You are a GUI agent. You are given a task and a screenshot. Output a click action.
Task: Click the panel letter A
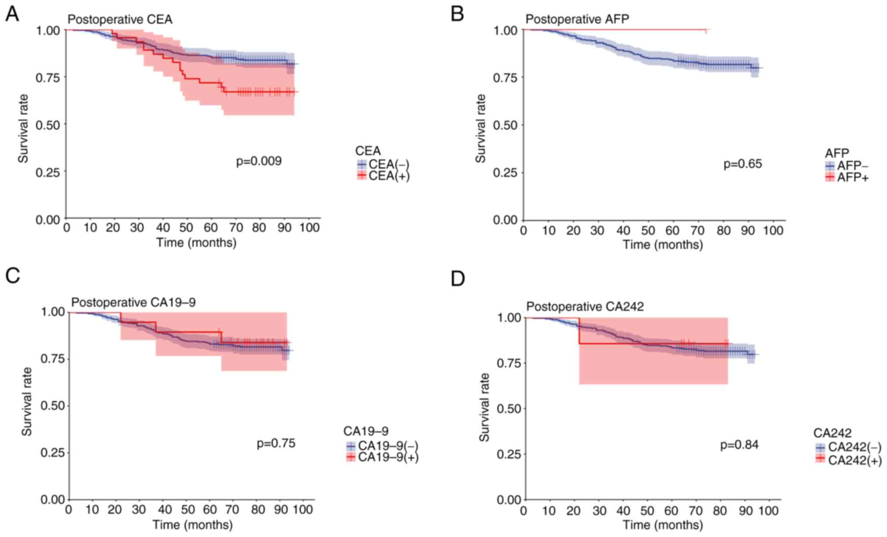pyautogui.click(x=12, y=14)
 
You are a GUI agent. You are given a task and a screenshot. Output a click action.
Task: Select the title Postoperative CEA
pyautogui.click(x=120, y=20)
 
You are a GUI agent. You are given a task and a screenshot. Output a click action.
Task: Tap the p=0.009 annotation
pyautogui.click(x=259, y=161)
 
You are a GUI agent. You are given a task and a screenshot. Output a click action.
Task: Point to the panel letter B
pyautogui.click(x=457, y=14)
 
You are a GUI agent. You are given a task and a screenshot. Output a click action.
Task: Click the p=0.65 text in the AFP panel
pyautogui.click(x=743, y=164)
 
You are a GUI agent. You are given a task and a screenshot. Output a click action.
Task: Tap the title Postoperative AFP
pyautogui.click(x=577, y=20)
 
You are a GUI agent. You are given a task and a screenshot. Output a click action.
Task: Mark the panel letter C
pyautogui.click(x=13, y=276)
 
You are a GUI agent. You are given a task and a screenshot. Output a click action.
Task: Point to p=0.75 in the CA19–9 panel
pyautogui.click(x=276, y=444)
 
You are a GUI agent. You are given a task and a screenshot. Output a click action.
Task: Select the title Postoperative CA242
pyautogui.click(x=585, y=307)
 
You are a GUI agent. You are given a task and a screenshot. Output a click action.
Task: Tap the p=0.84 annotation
pyautogui.click(x=739, y=445)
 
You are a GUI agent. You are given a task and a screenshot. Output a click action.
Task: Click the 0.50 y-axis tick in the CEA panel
pyautogui.click(x=48, y=124)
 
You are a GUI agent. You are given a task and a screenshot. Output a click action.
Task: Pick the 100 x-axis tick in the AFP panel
pyautogui.click(x=773, y=230)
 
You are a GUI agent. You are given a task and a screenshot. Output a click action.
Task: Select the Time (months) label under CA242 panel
pyautogui.click(x=663, y=525)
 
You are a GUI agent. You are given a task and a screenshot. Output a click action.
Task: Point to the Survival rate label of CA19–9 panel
pyautogui.click(x=27, y=401)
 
